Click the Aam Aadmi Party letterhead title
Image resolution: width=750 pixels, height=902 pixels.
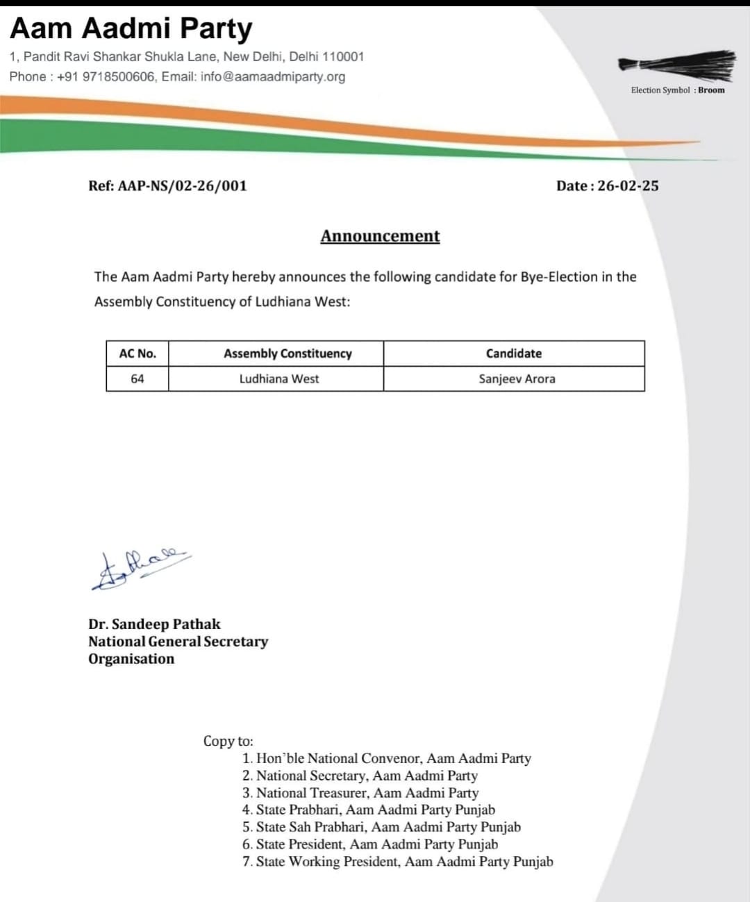pos(131,28)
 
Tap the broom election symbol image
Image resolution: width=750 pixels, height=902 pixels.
pos(676,63)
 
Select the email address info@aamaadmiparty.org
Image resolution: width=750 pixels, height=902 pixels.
pos(273,76)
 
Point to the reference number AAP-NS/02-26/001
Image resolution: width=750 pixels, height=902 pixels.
pos(182,185)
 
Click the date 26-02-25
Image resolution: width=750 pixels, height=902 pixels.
pos(628,185)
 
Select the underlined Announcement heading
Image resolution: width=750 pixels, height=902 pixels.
pos(380,236)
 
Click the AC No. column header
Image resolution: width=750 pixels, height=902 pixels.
pos(137,353)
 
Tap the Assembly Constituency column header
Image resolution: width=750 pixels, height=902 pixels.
pos(287,353)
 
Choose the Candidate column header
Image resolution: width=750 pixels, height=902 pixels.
pos(514,353)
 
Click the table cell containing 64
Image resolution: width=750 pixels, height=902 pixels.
pos(137,378)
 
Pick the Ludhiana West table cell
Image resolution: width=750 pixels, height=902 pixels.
pos(279,378)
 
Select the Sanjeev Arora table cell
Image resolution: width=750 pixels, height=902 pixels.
pos(517,378)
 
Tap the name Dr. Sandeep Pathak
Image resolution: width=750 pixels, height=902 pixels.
pos(154,624)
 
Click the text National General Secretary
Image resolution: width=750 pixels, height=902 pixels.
pos(178,641)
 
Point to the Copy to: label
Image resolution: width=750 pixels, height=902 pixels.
pos(228,741)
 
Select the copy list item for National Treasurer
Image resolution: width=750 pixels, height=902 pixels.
pos(367,792)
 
